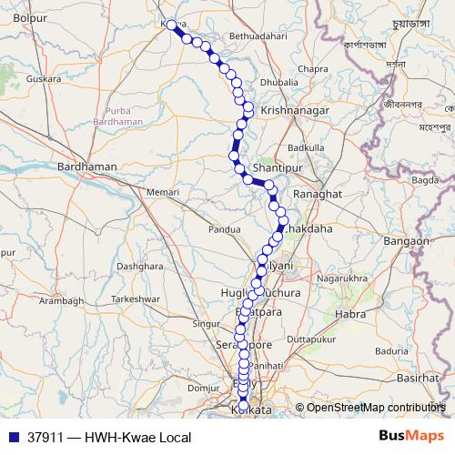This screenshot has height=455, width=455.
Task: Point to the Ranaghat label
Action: click(317, 195)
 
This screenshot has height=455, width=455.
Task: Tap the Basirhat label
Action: click(418, 377)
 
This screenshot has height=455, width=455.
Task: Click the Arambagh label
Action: click(62, 300)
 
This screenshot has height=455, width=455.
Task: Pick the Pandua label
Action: click(225, 230)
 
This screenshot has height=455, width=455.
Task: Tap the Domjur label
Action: click(197, 388)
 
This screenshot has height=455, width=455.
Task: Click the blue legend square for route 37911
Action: click(14, 437)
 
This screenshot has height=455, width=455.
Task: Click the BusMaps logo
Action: click(411, 437)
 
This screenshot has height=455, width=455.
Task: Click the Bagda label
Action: click(425, 181)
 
